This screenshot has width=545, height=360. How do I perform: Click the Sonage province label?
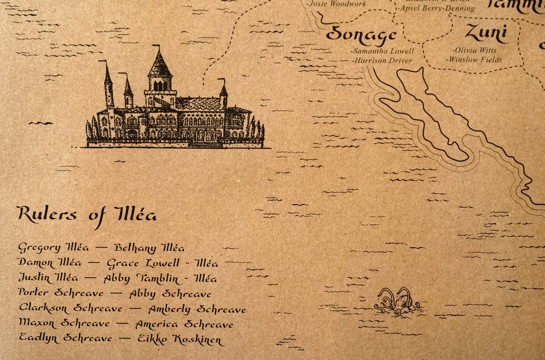pyautogui.click(x=361, y=34)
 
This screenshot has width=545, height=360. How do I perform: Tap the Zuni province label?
pyautogui.click(x=486, y=33)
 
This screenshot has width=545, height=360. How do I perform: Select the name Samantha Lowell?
pyautogui.click(x=382, y=51)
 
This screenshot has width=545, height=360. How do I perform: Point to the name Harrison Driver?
pyautogui.click(x=382, y=61)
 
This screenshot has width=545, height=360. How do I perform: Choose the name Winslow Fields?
pyautogui.click(x=474, y=60)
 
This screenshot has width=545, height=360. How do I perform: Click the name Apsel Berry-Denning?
pyautogui.click(x=436, y=8)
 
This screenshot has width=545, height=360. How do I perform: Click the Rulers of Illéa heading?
pyautogui.click(x=87, y=215)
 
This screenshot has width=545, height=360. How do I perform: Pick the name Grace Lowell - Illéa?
pyautogui.click(x=162, y=263)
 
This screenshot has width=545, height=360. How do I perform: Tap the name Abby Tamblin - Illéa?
pyautogui.click(x=160, y=279)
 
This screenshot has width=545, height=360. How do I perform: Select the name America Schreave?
pyautogui.click(x=184, y=325)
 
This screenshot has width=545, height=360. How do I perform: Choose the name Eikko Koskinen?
pyautogui.click(x=180, y=339)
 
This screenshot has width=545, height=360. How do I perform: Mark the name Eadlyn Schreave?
pyautogui.click(x=65, y=338)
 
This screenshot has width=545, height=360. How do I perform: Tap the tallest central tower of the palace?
pyautogui.click(x=160, y=72)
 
